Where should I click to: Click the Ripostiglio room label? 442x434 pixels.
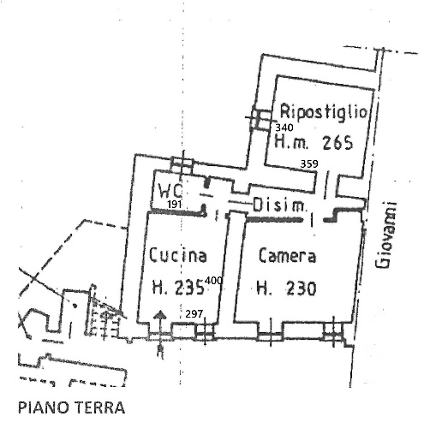pyautogui.click(x=323, y=111)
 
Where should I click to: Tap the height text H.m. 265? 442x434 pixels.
pyautogui.click(x=314, y=142)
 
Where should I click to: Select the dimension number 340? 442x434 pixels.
pyautogui.click(x=284, y=128)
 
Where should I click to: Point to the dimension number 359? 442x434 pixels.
pyautogui.click(x=309, y=163)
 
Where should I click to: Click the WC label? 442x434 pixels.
pyautogui.click(x=170, y=191)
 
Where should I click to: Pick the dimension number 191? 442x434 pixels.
pyautogui.click(x=175, y=205)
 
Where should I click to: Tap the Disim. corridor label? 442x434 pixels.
pyautogui.click(x=279, y=205)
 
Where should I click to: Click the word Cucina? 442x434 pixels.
pyautogui.click(x=177, y=255)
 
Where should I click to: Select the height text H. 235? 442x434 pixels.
pyautogui.click(x=178, y=287)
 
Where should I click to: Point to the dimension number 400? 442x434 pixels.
pyautogui.click(x=214, y=281)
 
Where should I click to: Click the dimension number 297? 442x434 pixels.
pyautogui.click(x=194, y=314)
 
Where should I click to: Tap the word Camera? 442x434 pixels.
pyautogui.click(x=287, y=255)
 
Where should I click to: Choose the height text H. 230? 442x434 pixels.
pyautogui.click(x=286, y=288)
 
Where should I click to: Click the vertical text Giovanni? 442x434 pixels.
pyautogui.click(x=386, y=235)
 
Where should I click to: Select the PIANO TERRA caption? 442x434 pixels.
pyautogui.click(x=72, y=407)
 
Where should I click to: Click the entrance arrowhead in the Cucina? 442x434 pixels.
pyautogui.click(x=160, y=314)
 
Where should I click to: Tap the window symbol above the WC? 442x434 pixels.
pyautogui.click(x=182, y=165)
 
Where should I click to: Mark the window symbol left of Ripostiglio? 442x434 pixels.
pyautogui.click(x=260, y=117)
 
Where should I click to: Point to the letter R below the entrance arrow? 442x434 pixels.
pyautogui.click(x=160, y=352)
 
